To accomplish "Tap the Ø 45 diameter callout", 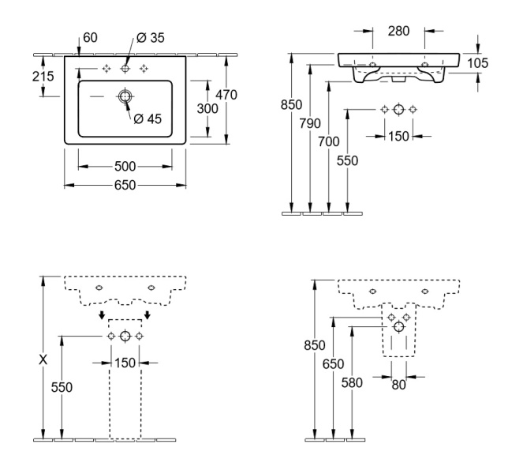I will pyautogui.click(x=148, y=119).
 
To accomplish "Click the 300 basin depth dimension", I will pyautogui.click(x=207, y=109).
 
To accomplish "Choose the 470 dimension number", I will pyautogui.click(x=226, y=94).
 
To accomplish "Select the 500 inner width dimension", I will pyautogui.click(x=125, y=166).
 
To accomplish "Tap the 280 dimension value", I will pyautogui.click(x=399, y=32).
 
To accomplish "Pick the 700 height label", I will pyautogui.click(x=330, y=141).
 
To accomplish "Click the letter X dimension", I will pyautogui.click(x=43, y=359).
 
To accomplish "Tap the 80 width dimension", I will pyautogui.click(x=398, y=385).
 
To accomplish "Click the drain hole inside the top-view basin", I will pyautogui.click(x=125, y=97).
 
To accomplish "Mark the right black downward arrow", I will pyautogui.click(x=147, y=315).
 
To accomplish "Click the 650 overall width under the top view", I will pyautogui.click(x=125, y=185).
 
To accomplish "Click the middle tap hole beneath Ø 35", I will pyautogui.click(x=125, y=69).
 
